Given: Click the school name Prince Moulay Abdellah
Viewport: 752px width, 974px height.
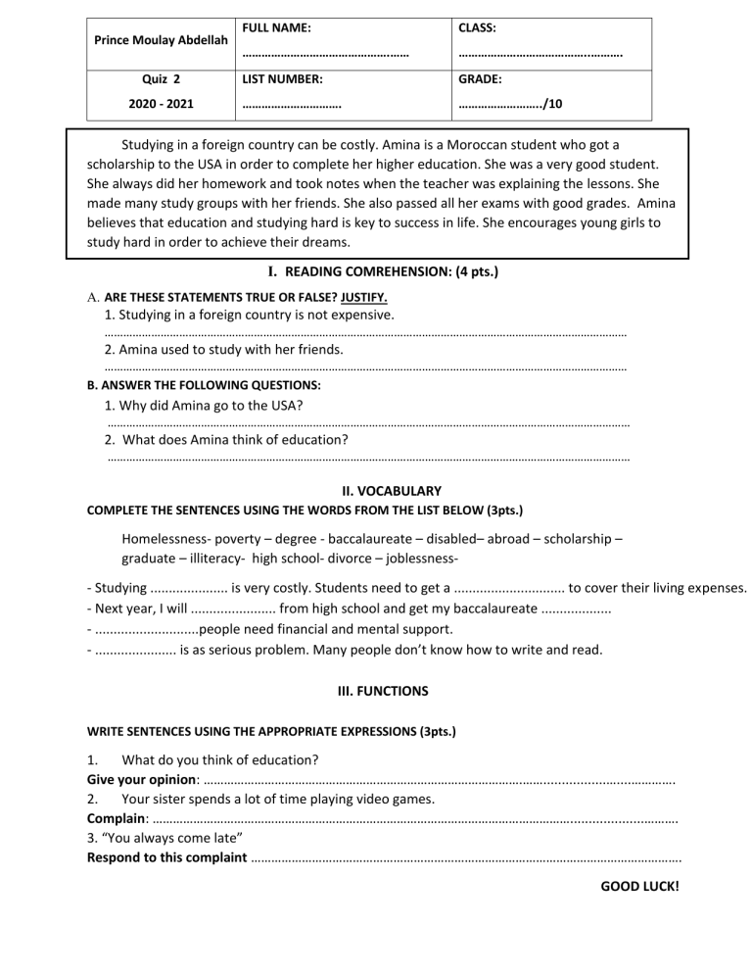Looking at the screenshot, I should pos(159,41).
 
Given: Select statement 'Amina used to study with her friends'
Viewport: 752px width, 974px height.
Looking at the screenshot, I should pos(224,349).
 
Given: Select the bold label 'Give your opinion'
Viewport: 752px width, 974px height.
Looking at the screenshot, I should pos(143,779).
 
